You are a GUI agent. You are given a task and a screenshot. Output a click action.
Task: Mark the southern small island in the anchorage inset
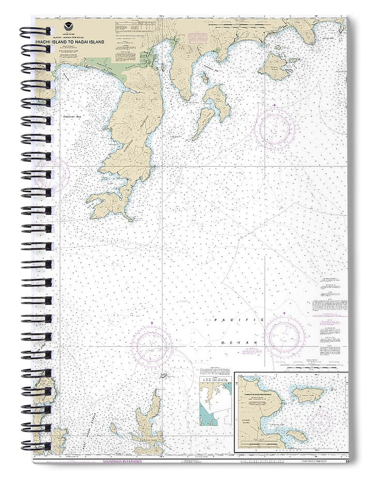pos(296,436)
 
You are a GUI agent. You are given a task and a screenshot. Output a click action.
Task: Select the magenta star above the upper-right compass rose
pos(274,105)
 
